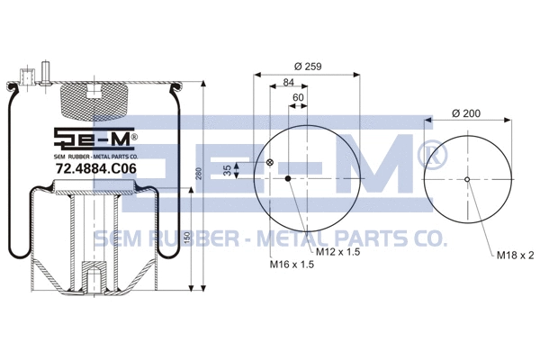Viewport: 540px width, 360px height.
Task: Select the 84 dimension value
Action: click(x=289, y=84)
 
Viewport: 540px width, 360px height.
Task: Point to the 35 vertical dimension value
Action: click(x=239, y=168)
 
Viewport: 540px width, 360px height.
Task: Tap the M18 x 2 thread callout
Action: click(x=515, y=256)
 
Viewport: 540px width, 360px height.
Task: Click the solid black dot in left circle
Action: click(x=288, y=178)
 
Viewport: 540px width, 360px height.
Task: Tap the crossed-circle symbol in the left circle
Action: click(x=270, y=162)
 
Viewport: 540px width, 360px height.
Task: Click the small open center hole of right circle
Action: click(x=467, y=178)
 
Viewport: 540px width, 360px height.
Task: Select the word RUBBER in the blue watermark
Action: click(x=182, y=238)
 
